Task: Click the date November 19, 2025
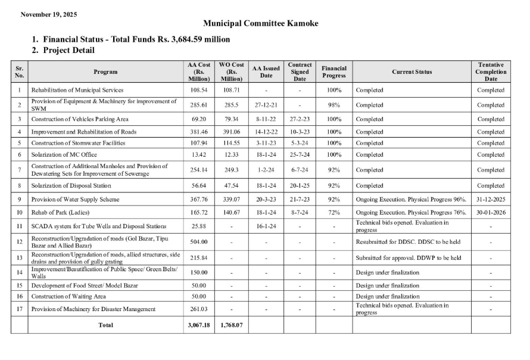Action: (49, 14)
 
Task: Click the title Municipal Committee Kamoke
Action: (261, 24)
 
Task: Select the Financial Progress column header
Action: (333, 72)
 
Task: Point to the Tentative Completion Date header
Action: (491, 72)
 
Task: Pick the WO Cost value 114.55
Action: (231, 143)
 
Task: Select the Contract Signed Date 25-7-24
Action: (300, 155)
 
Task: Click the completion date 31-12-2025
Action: (491, 199)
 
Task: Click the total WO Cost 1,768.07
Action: (231, 325)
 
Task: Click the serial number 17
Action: (19, 309)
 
